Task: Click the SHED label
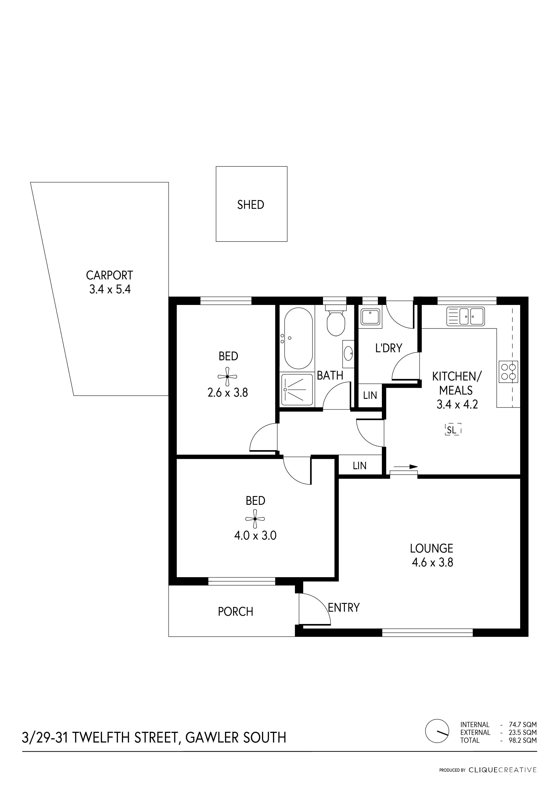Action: tap(251, 205)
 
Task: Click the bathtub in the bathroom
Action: tap(299, 338)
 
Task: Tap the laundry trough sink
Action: tap(370, 317)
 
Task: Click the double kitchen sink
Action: tap(466, 316)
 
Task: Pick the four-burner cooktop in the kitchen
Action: tap(508, 372)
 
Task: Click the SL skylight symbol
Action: tap(452, 430)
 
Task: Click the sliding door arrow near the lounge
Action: tap(406, 466)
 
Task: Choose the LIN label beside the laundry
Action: tap(370, 395)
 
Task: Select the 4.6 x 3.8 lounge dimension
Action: tap(432, 562)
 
